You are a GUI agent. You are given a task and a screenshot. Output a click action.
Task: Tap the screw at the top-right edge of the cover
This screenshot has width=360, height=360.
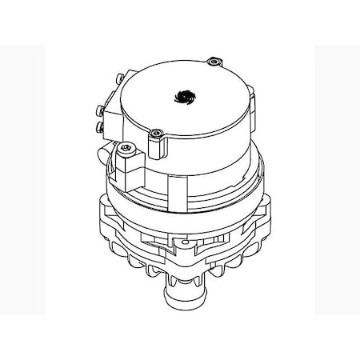click(x=213, y=62)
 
